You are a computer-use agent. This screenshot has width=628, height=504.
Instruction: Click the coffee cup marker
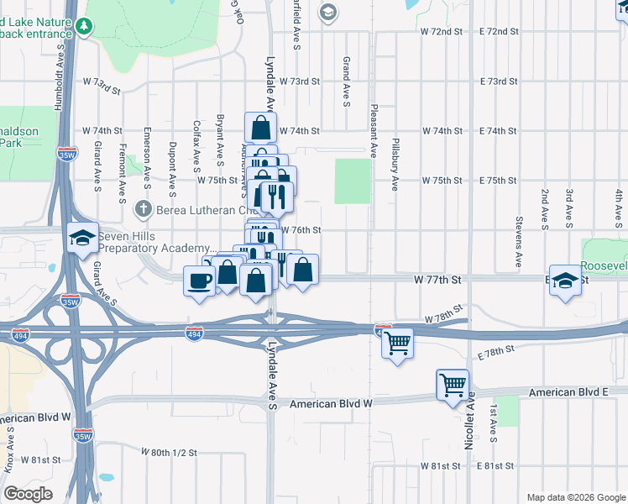(199, 281)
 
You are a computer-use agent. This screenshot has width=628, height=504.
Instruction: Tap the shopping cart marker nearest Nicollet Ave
(453, 385)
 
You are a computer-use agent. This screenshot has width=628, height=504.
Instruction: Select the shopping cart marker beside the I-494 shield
(397, 342)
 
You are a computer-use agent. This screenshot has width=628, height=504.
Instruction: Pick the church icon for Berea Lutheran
(144, 207)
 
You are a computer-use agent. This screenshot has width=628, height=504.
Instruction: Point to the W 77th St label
(438, 278)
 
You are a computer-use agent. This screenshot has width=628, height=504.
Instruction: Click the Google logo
(28, 493)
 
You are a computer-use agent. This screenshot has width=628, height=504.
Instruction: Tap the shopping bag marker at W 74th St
(260, 129)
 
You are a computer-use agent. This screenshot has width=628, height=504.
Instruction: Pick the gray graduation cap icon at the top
(328, 12)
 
